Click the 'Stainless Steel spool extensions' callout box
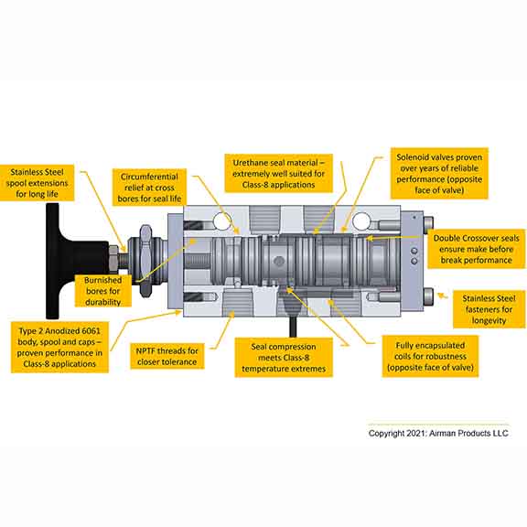37,183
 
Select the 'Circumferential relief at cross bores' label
149,188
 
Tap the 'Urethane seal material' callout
279,174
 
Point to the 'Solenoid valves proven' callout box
439,174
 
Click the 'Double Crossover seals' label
476,249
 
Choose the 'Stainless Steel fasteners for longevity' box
489,309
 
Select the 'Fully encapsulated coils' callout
430,356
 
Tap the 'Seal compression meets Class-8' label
284,358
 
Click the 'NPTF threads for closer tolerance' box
167,356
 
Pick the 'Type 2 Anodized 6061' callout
59,347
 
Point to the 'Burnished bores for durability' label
102,291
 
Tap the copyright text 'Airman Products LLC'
468,434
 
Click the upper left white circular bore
220,221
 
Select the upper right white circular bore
361,221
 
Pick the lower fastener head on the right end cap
428,296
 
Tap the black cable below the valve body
293,327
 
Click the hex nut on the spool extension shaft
114,259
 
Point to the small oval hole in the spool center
279,261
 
